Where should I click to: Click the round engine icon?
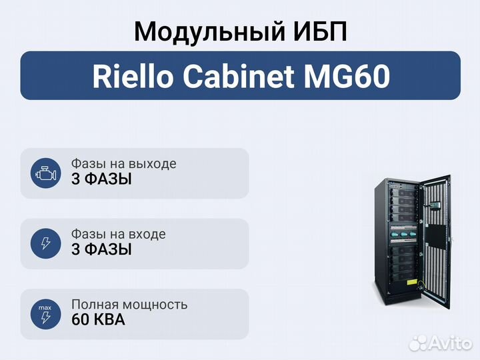(x=45, y=173)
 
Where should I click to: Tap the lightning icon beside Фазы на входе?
(x=45, y=243)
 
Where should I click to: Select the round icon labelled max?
(x=45, y=313)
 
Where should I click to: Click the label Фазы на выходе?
(x=123, y=164)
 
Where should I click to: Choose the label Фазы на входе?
(x=118, y=235)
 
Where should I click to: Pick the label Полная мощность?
(x=129, y=305)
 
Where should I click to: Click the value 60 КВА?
(x=97, y=320)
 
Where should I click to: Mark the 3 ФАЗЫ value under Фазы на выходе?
(x=101, y=179)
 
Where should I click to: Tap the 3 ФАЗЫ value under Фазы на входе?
(x=101, y=250)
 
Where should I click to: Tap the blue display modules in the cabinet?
(x=403, y=233)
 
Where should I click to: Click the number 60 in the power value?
(x=80, y=320)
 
